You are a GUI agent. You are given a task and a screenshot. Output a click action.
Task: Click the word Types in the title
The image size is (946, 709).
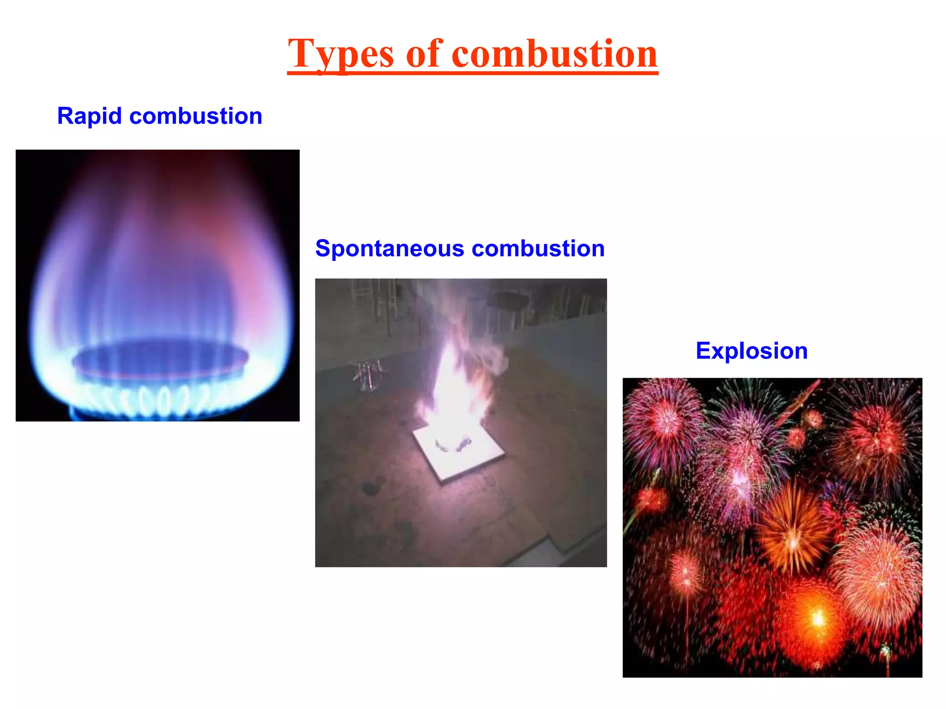point(341,54)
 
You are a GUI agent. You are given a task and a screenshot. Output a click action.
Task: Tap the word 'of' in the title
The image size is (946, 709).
point(424,54)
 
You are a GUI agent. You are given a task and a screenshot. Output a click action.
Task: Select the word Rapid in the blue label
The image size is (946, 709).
point(89,116)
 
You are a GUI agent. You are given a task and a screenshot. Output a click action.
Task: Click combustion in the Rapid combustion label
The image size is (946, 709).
point(196,116)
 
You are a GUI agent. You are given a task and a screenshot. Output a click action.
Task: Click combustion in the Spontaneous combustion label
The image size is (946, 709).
point(538,248)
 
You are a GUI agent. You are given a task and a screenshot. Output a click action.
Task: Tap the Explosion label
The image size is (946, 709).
point(752,351)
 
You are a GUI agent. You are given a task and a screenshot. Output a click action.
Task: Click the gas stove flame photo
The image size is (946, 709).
point(158,285)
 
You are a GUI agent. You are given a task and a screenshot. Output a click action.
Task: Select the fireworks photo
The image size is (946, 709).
point(772,527)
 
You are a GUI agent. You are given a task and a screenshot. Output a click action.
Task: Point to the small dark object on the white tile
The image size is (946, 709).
point(463,444)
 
